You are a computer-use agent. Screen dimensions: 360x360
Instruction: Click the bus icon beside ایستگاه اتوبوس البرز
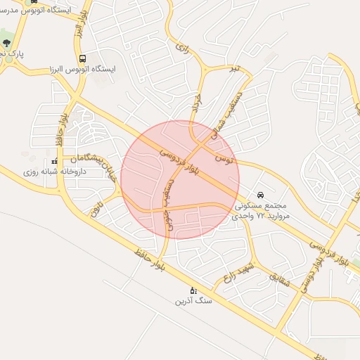[x=83, y=59]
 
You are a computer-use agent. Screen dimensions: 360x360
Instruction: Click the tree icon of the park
[x=7, y=43]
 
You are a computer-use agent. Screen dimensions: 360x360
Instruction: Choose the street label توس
[x=223, y=160]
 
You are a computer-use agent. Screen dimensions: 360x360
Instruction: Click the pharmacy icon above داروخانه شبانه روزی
[x=55, y=161]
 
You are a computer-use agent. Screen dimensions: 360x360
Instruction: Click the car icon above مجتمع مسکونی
[x=261, y=195]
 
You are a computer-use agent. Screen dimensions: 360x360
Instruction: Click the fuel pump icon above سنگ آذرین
[x=193, y=290]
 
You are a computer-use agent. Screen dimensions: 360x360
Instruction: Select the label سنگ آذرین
[x=193, y=301]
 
